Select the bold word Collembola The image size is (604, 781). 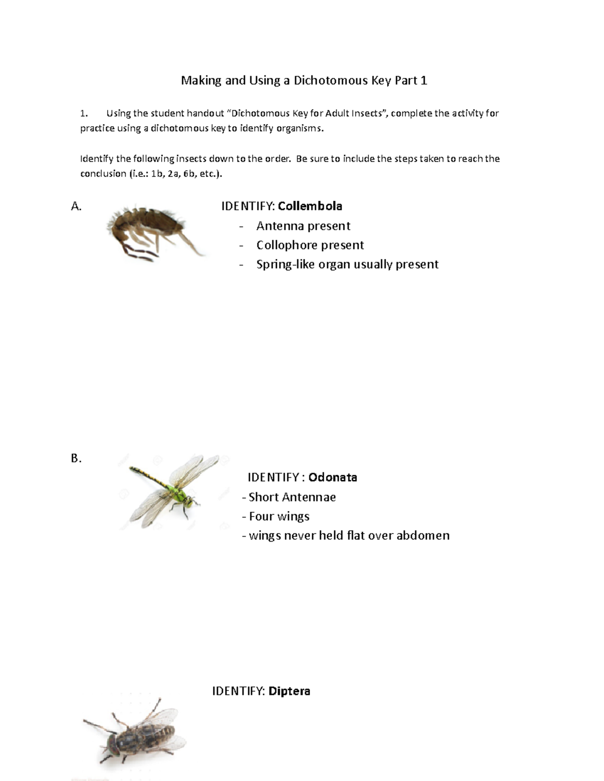[x=310, y=206]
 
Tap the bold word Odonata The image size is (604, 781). [x=333, y=477]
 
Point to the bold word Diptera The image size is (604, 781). [x=289, y=691]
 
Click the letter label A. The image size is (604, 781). [x=76, y=206]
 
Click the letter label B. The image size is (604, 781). [x=76, y=459]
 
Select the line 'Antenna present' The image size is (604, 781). [x=303, y=226]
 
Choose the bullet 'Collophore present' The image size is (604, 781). [x=310, y=245]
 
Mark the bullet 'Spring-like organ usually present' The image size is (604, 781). [x=347, y=264]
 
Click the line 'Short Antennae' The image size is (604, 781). [x=292, y=497]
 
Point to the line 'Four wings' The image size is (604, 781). [x=279, y=516]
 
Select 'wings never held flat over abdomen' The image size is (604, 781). [x=349, y=535]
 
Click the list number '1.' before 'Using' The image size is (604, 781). [x=84, y=114]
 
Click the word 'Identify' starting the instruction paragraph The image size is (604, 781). [x=96, y=159]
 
